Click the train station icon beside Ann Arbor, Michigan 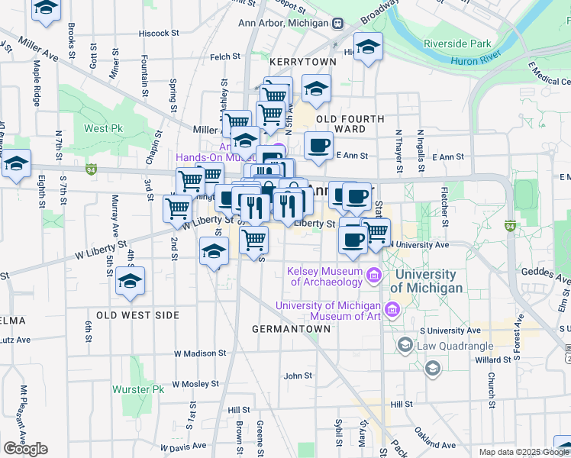point(337,23)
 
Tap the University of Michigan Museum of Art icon point(392,309)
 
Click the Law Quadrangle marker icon point(405,346)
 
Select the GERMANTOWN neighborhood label point(292,329)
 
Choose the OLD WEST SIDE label point(138,315)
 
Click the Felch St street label point(225,56)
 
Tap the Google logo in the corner point(25,449)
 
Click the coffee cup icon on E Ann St point(318,144)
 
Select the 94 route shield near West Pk point(91,168)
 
